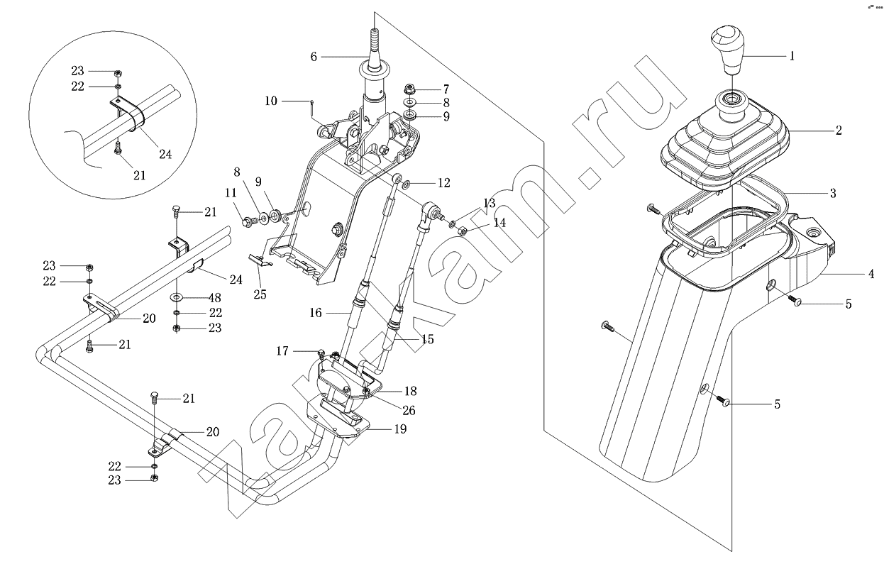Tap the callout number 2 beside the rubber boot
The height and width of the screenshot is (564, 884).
838,131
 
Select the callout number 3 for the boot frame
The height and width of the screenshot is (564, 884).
833,193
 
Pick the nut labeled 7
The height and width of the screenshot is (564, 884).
409,90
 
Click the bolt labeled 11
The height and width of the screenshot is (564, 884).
247,222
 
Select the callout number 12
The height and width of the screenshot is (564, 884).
443,183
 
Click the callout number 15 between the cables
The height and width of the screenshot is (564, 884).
427,340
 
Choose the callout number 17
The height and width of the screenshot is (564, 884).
283,350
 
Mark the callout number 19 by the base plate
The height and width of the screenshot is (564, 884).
400,428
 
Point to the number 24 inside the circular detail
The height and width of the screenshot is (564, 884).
165,153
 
